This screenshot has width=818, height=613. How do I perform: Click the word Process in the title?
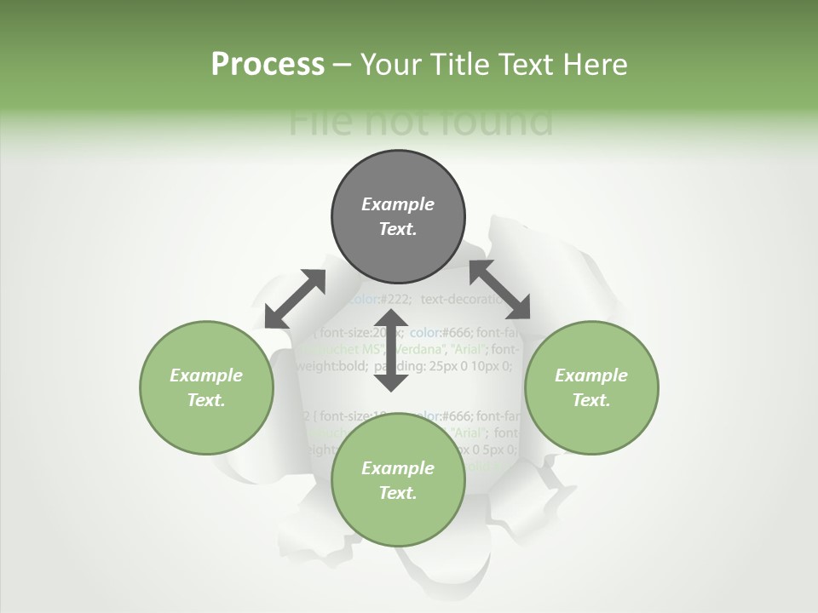click(x=268, y=65)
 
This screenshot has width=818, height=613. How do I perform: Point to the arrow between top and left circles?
click(x=295, y=299)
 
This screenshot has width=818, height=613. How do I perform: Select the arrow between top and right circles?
click(x=499, y=289)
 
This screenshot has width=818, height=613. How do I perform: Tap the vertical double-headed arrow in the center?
click(x=392, y=353)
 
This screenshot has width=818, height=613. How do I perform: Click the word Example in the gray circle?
click(x=398, y=204)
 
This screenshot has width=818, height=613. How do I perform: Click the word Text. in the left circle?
click(x=206, y=400)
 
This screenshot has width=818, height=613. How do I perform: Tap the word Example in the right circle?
click(x=591, y=375)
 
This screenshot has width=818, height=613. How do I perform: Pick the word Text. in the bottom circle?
click(x=398, y=493)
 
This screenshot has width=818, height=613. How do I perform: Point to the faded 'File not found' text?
click(x=421, y=123)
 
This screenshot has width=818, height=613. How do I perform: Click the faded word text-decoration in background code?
click(x=464, y=299)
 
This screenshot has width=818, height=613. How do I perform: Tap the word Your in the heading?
click(x=392, y=65)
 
